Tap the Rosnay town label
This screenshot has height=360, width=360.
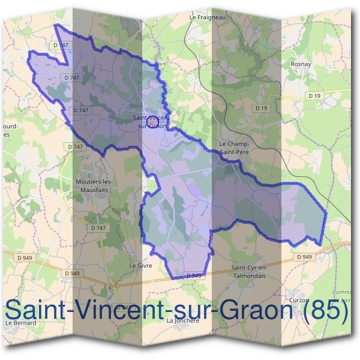[299, 62]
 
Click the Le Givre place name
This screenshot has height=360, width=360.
[140, 265]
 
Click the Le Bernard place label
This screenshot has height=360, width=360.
[21, 322]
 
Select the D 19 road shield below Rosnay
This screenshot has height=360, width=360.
[314, 95]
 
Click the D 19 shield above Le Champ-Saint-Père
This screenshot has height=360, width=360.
[260, 108]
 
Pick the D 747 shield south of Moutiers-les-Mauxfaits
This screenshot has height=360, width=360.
[97, 228]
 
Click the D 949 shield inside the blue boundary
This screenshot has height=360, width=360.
[193, 275]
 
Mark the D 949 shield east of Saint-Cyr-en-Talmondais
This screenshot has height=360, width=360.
[304, 257]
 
